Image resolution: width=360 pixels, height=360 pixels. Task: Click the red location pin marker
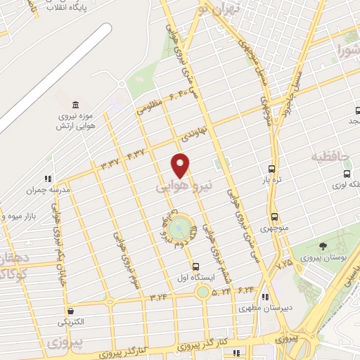pyautogui.click(x=181, y=165)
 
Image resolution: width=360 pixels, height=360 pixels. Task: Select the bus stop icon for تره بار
pyautogui.click(x=272, y=169)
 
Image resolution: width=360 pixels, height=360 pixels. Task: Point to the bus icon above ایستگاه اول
pyautogui.click(x=195, y=266)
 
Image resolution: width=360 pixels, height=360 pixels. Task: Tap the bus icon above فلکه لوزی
pyautogui.click(x=347, y=174)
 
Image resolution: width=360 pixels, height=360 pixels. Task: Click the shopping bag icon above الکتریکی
pyautogui.click(x=70, y=310)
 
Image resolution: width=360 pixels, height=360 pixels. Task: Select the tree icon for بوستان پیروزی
pyautogui.click(x=323, y=246)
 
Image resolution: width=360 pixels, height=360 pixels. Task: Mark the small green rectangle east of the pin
pyautogui.click(x=218, y=164)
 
